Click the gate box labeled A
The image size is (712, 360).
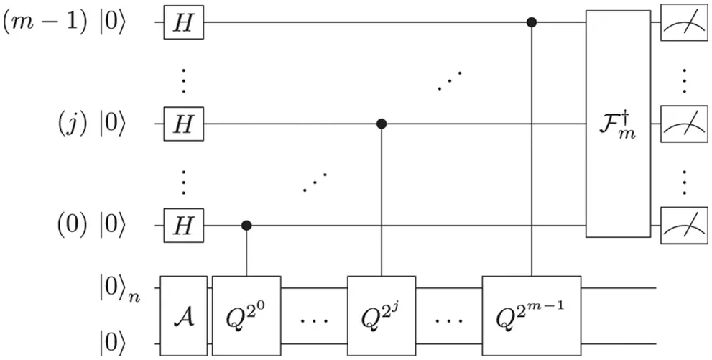click(x=183, y=315)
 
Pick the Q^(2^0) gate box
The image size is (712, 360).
click(x=246, y=315)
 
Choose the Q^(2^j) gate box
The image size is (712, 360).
click(x=382, y=315)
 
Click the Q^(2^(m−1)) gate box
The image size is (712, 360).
click(x=532, y=315)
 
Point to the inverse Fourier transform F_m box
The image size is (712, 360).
click(x=619, y=124)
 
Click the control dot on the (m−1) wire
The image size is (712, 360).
click(x=532, y=22)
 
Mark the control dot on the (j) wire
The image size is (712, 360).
click(x=382, y=124)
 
